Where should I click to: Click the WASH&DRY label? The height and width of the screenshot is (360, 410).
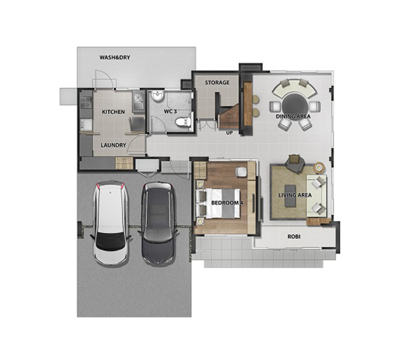point(115,57)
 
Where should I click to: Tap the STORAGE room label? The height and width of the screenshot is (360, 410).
point(217,83)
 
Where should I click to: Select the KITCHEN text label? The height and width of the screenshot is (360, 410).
point(113,112)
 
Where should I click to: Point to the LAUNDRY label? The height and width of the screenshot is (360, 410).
point(113,145)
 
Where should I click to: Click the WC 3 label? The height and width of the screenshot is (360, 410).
point(170,111)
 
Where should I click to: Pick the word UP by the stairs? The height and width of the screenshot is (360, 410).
point(230,133)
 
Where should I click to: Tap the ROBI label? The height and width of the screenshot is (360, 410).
point(294,236)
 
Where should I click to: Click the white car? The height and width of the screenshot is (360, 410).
point(111,223)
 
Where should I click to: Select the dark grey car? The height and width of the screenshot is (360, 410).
point(158,223)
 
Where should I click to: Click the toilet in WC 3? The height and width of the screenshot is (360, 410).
point(183,122)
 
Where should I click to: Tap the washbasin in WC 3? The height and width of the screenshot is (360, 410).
point(158,96)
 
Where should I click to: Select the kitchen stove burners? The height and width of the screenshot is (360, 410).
point(86,102)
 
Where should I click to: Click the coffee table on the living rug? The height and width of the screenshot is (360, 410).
point(290,196)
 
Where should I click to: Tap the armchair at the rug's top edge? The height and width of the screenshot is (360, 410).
point(295,163)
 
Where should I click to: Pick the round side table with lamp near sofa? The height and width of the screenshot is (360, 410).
point(319,167)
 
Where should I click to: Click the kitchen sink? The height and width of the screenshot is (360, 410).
point(138,101)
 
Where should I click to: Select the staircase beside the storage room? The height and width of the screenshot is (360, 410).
point(229,116)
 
